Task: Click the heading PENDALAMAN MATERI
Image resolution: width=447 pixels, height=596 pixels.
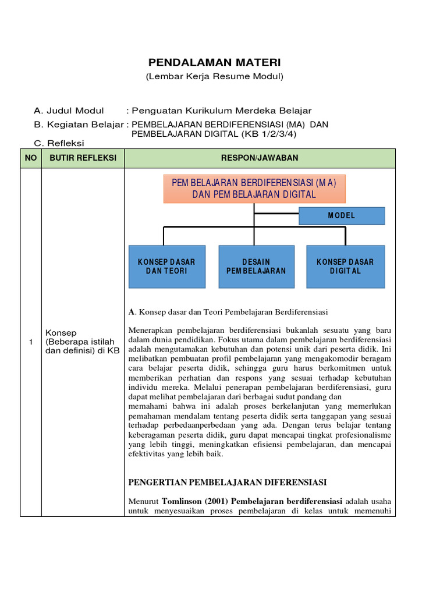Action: (x=214, y=62)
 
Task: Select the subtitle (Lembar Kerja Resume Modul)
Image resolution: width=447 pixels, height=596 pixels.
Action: (x=214, y=77)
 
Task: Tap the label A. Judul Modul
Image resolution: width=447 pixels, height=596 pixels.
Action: (x=69, y=111)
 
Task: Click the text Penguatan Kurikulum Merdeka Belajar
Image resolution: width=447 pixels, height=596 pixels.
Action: (x=222, y=111)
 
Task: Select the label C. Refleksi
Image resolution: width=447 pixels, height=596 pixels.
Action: (x=59, y=143)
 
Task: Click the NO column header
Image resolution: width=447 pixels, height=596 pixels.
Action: (x=30, y=158)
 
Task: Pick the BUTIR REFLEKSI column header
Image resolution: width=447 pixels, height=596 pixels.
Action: (x=83, y=158)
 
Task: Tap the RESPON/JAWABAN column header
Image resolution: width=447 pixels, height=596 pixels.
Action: (x=260, y=158)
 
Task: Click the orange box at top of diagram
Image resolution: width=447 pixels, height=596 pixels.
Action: (x=254, y=189)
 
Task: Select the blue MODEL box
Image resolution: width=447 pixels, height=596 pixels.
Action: (x=342, y=215)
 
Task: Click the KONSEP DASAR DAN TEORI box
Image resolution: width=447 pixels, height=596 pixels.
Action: (x=166, y=267)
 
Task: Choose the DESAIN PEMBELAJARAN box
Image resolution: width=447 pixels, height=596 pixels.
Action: (x=256, y=267)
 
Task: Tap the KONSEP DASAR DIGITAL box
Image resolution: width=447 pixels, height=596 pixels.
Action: (x=345, y=267)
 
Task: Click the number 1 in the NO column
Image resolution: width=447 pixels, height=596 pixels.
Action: (x=30, y=342)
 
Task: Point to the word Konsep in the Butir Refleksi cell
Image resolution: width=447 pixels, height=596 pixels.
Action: (x=59, y=332)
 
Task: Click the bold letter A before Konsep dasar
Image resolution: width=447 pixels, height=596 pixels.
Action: (x=132, y=311)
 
